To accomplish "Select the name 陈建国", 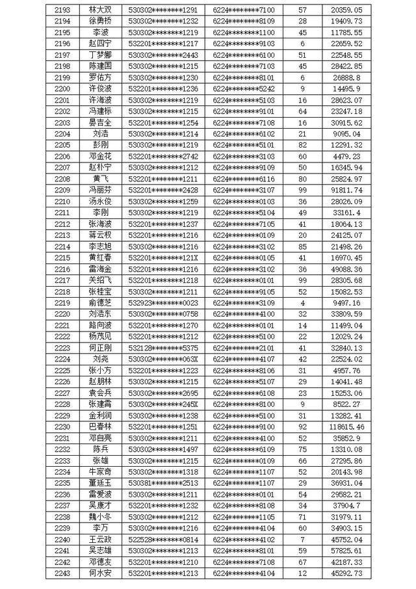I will coord(100,66).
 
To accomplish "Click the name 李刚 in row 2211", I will coord(100,213).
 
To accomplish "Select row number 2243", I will coord(62,573).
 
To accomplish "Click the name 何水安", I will coord(100,573).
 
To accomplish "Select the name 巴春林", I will coord(100,426).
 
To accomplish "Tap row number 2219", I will coord(62,302).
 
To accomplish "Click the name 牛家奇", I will coord(100,471).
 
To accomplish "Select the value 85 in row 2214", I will coord(302,246).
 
